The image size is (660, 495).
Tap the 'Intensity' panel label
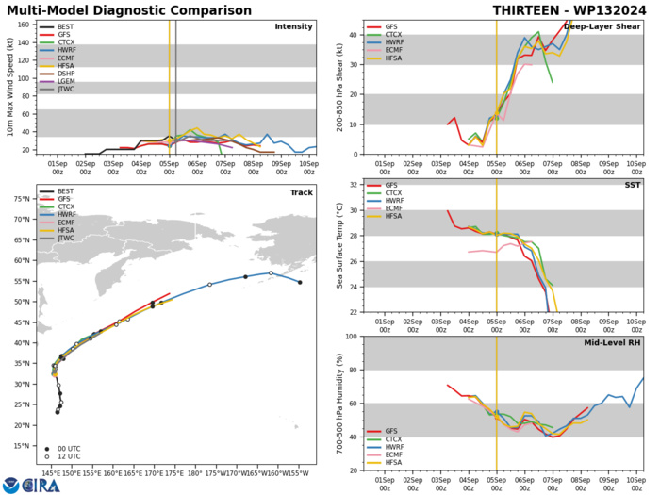pyautogui.click(x=293, y=26)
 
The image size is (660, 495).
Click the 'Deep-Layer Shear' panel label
pyautogui.click(x=601, y=26)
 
